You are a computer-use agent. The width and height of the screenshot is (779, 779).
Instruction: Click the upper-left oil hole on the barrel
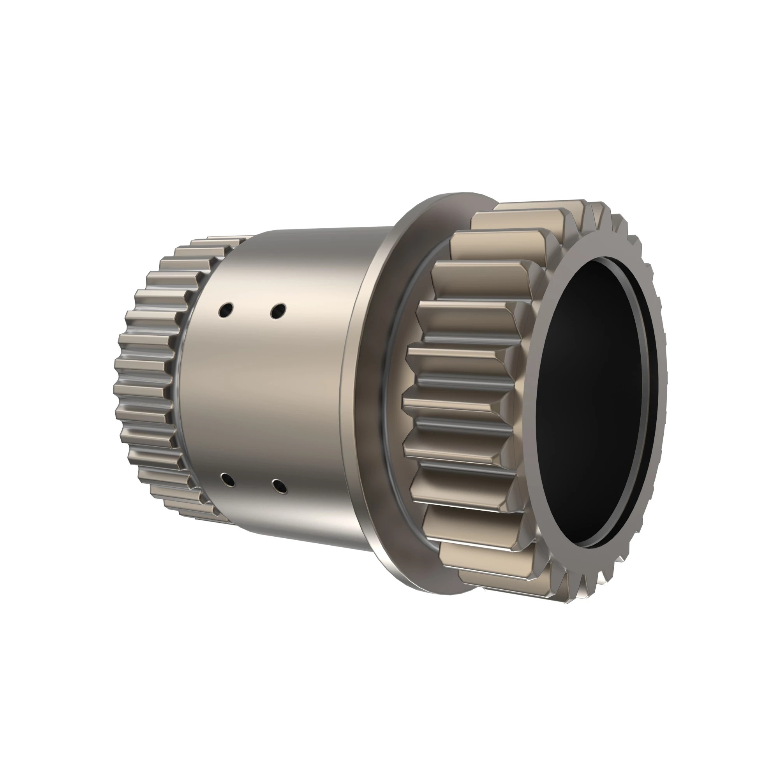click(226, 310)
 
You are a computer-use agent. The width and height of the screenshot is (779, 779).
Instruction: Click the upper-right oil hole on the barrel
click(278, 310)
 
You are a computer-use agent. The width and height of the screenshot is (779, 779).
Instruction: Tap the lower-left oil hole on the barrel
click(228, 480)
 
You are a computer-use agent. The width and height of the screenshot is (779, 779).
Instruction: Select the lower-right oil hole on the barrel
click(279, 486)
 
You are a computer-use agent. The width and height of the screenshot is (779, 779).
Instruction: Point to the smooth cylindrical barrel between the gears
click(274, 395)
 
